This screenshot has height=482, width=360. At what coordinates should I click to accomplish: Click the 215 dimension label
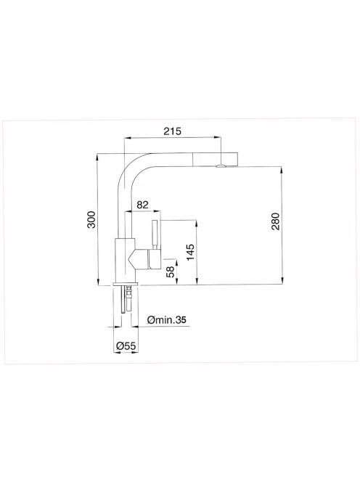pyautogui.click(x=172, y=131)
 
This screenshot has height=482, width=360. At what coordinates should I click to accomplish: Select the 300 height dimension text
pyautogui.click(x=91, y=219)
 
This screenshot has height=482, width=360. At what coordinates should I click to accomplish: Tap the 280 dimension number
pyautogui.click(x=276, y=221)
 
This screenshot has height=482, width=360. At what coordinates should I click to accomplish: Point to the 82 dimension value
pyautogui.click(x=142, y=205)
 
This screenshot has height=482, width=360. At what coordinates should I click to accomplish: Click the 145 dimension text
pyautogui.click(x=191, y=252)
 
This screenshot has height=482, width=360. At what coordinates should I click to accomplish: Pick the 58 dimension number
pyautogui.click(x=170, y=271)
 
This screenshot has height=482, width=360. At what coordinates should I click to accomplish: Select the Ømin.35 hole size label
pyautogui.click(x=167, y=320)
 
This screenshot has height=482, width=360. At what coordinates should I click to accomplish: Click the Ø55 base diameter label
pyautogui.click(x=126, y=346)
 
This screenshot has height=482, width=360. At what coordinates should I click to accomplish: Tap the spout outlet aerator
pyautogui.click(x=221, y=166)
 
